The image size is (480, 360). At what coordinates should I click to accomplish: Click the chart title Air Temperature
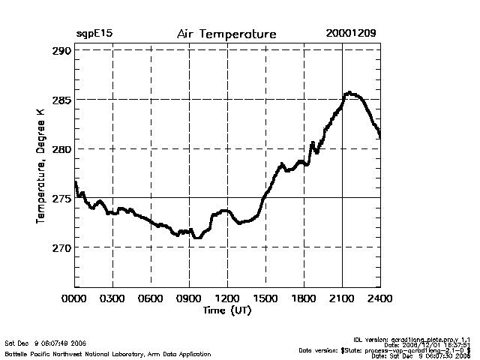[226, 34]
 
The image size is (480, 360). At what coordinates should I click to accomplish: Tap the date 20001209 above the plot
[351, 34]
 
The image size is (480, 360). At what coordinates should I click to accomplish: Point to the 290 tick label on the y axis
[61, 50]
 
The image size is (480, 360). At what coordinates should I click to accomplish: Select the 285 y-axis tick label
[61, 100]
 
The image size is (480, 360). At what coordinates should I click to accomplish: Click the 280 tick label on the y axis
[61, 148]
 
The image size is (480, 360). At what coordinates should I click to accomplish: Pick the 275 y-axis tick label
[61, 198]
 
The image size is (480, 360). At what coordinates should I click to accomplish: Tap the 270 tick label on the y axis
[61, 247]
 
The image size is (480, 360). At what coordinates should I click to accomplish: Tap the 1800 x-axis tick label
[304, 298]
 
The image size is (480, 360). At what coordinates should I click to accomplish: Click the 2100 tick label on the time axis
[342, 298]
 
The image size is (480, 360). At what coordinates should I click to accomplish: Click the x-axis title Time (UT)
[226, 310]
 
